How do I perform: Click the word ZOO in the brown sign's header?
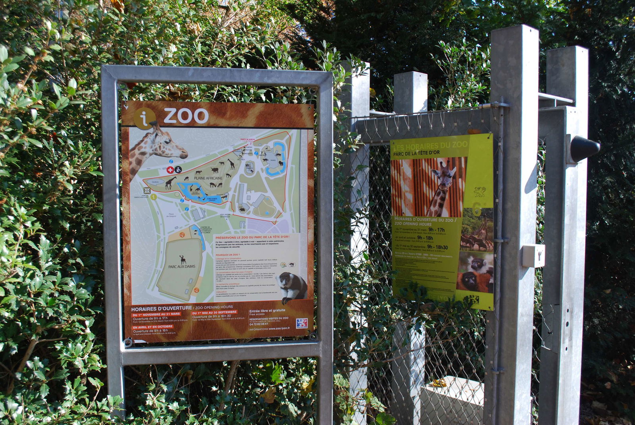click(x=186, y=116)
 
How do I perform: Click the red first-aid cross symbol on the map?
click(x=170, y=170)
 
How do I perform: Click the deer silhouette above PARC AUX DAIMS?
click(x=183, y=259)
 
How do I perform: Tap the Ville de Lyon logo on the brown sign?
click(x=302, y=323)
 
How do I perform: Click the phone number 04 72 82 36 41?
click(x=259, y=324)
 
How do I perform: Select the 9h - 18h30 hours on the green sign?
click(x=437, y=247)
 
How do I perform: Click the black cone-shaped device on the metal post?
click(x=585, y=149)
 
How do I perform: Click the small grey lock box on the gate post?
click(x=533, y=255)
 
